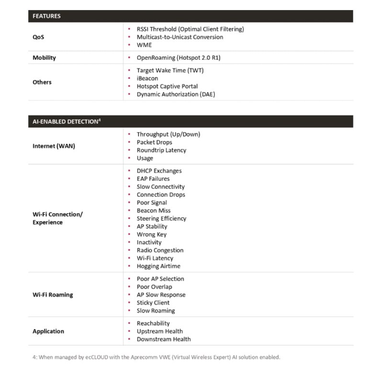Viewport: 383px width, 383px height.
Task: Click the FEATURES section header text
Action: [x=46, y=16]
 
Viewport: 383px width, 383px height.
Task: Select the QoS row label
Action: [x=38, y=37]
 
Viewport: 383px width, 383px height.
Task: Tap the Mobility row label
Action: [x=44, y=58]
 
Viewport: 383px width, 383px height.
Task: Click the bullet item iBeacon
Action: [x=147, y=78]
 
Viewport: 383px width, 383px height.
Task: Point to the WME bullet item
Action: [x=144, y=45]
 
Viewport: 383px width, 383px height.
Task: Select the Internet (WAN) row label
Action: [x=54, y=146]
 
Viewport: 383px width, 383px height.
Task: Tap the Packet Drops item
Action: [x=154, y=142]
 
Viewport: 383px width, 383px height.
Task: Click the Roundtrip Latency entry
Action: [x=161, y=150]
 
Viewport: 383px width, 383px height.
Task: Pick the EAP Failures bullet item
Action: [x=153, y=179]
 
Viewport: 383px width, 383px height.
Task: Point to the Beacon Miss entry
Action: [x=153, y=211]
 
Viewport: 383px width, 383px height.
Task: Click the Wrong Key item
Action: [x=151, y=235]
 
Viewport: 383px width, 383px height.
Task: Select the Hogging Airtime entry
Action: [x=158, y=266]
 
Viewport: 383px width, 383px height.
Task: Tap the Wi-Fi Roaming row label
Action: [x=53, y=295]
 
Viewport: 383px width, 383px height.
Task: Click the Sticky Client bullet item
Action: [x=153, y=303]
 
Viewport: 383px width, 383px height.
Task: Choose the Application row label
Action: [x=48, y=331]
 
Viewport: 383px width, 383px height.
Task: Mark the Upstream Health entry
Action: [x=159, y=331]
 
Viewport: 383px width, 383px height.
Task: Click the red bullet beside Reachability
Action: [x=130, y=324]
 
